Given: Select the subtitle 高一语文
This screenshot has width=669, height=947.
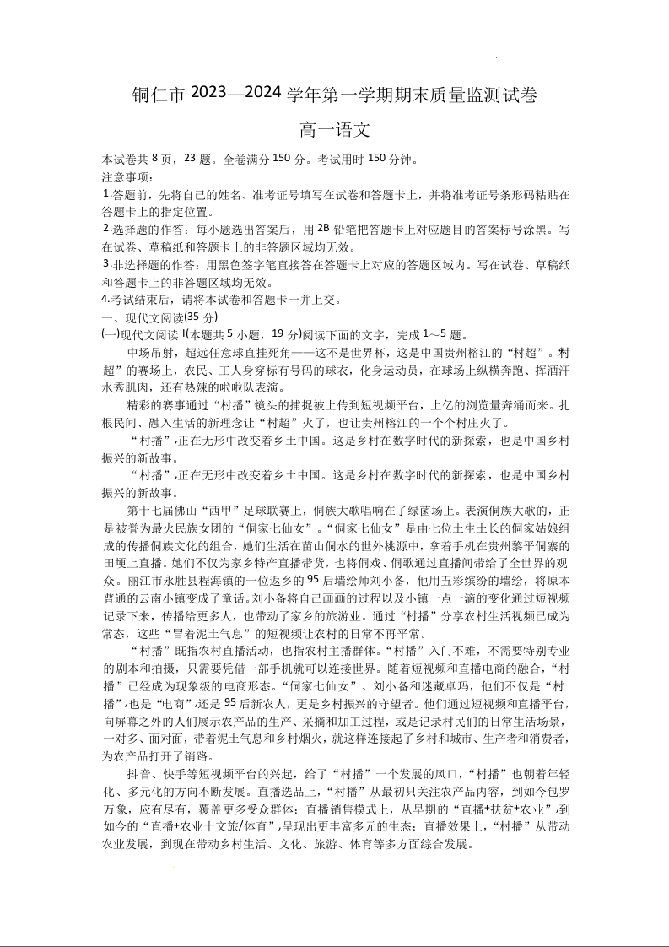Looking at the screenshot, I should click(x=334, y=131).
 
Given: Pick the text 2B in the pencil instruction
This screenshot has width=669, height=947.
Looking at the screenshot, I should click(x=323, y=229).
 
